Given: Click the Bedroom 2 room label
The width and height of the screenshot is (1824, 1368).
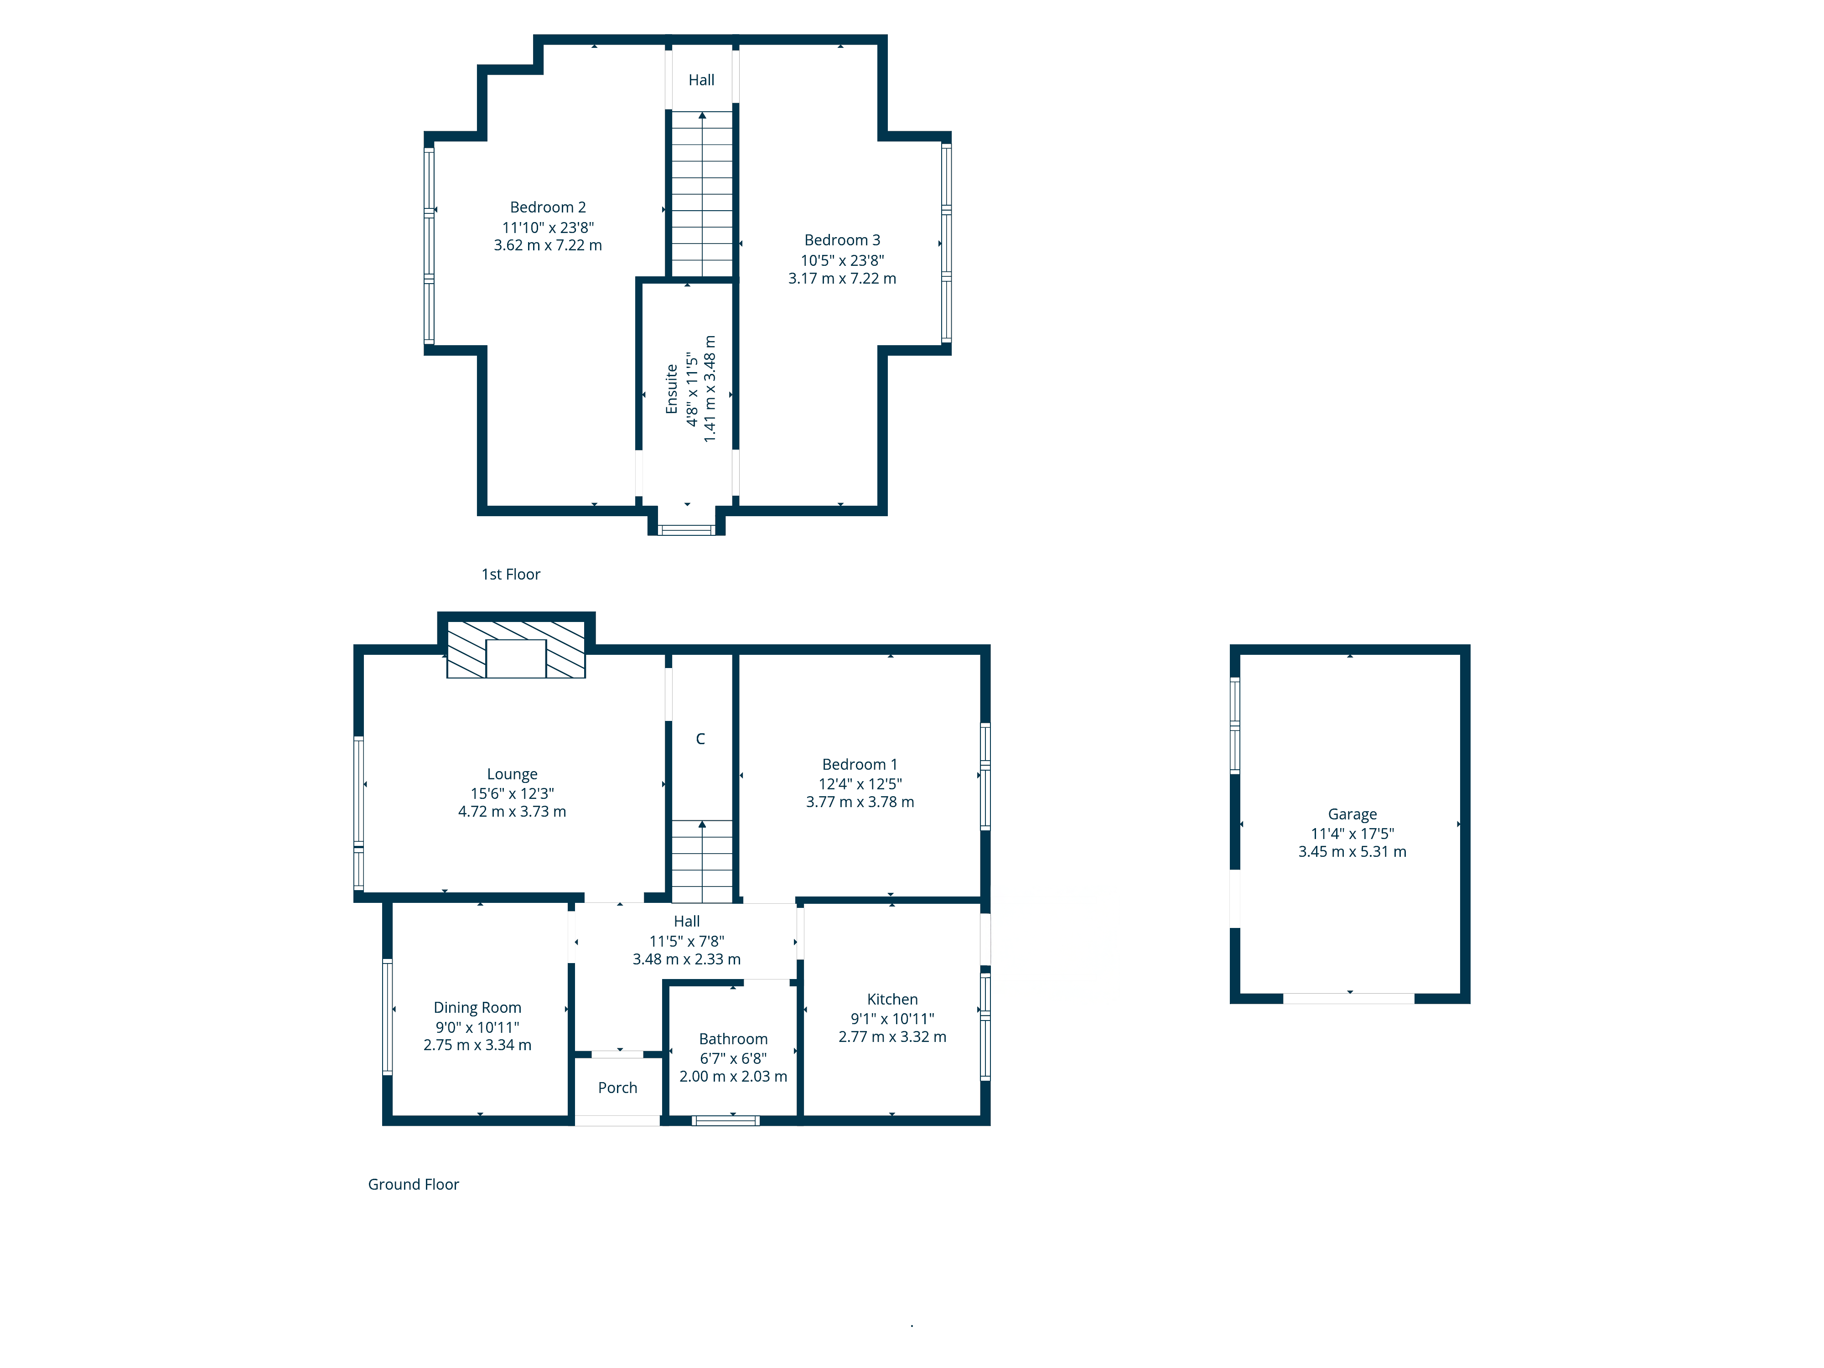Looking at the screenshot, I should pos(548,207).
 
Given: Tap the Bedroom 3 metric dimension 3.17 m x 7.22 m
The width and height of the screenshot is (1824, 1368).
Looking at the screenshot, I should pos(842,279).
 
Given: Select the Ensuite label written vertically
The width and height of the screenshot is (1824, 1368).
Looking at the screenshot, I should pos(671,389).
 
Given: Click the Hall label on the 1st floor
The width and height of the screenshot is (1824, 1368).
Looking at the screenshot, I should pos(701,80).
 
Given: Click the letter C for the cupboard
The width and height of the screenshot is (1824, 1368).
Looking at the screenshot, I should pos(700,739).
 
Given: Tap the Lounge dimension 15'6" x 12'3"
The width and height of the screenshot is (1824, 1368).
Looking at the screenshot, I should pos(512,793).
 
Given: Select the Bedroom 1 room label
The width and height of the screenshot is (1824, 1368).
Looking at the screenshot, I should pos(859,764).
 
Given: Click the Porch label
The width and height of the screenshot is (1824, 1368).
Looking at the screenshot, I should pos(617,1088).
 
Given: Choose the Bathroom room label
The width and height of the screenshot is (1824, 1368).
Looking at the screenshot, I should pos(733,1039).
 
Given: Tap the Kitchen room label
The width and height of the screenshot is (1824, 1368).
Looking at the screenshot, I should pos(892,1000).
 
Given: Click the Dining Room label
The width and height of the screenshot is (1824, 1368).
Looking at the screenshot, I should pos(477,1008).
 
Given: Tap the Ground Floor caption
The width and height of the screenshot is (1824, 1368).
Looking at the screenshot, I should pos(413,1184).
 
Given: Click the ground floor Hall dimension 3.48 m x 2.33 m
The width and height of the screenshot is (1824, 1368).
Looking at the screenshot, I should pos(686,959).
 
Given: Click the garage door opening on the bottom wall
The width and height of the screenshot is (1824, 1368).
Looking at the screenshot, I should pos(1348,999).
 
